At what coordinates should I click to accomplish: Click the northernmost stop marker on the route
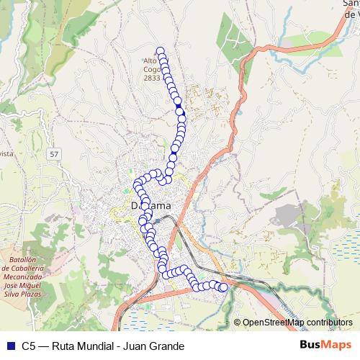(161, 50)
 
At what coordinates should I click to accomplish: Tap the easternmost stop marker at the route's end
(223, 287)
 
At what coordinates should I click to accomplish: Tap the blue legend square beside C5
(9, 346)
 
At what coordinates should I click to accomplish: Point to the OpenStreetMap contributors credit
(297, 323)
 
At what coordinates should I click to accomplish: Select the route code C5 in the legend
(28, 346)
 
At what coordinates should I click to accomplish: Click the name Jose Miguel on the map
(28, 286)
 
